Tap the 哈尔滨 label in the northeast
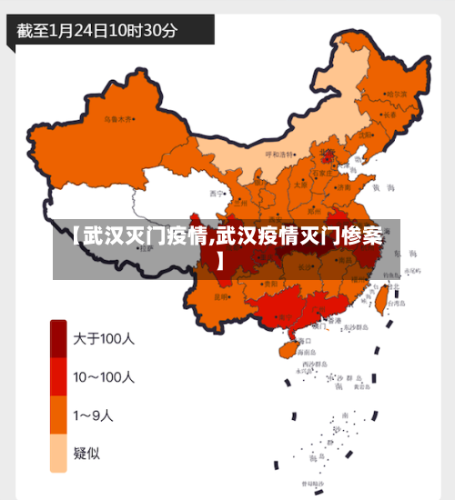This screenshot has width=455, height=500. (x=397, y=94)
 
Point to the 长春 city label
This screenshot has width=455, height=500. (x=389, y=115)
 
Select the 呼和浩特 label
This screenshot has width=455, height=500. (x=280, y=155)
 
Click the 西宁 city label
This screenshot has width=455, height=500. (x=216, y=194)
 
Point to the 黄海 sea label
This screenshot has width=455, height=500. (x=389, y=187)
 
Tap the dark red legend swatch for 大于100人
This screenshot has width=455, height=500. (x=57, y=340)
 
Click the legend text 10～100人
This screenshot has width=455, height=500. (x=104, y=377)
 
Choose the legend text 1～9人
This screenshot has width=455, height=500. (x=94, y=415)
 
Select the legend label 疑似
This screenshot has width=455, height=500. (x=87, y=453)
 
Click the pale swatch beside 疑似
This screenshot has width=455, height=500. (x=57, y=453)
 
